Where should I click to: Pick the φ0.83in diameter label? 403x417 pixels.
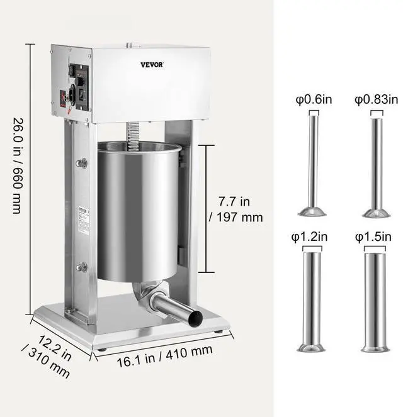(375, 99)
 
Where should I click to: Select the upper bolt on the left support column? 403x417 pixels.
(81, 164)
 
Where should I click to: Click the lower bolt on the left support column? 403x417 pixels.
(81, 267)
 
